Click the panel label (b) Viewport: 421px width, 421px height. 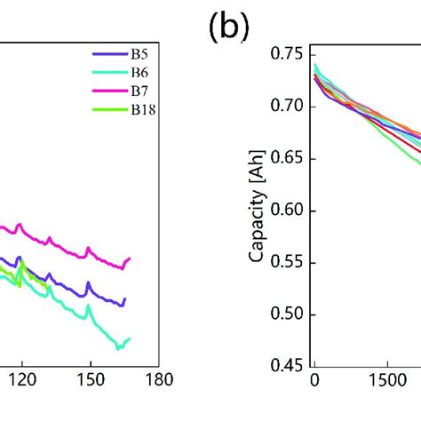(x=228, y=29)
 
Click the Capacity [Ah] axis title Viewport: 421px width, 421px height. (x=258, y=210)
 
